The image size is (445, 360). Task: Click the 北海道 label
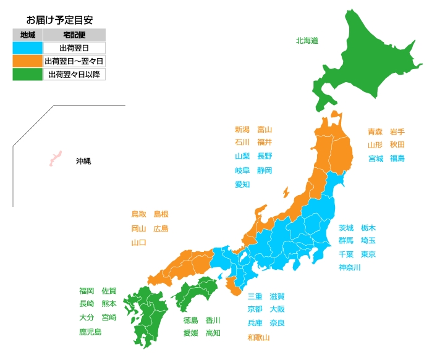307,41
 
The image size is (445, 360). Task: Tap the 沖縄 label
83,161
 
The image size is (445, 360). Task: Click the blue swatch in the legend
28,48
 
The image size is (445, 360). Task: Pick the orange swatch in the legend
28,61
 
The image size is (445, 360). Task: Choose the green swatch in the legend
28,75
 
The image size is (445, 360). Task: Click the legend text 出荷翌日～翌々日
74,61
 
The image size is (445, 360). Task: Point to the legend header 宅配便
74,35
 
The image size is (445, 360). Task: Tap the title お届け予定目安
60,20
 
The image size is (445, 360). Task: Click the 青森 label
375,132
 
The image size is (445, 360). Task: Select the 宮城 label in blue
376,159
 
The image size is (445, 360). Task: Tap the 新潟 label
242,130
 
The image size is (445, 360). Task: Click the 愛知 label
242,185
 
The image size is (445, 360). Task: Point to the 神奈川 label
350,267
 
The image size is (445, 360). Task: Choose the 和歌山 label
258,337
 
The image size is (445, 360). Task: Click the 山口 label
139,243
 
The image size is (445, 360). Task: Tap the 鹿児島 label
90,332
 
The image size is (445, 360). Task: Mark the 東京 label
368,254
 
